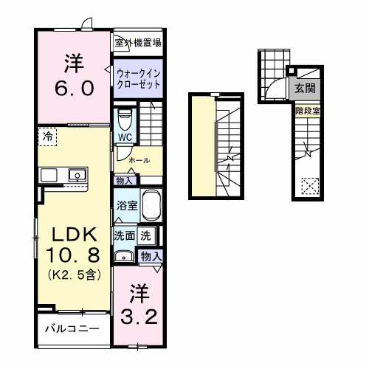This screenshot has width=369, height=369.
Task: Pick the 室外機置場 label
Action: click(x=137, y=43)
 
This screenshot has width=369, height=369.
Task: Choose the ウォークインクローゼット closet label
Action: click(x=138, y=78)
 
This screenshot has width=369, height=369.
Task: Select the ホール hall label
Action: click(x=139, y=159)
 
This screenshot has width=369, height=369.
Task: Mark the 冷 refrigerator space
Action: click(x=47, y=137)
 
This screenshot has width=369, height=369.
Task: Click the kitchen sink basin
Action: click(x=76, y=175)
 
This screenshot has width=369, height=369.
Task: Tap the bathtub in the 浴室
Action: click(x=151, y=205)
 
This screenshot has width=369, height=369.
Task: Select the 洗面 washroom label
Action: click(x=123, y=236)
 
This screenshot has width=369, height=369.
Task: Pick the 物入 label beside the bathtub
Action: click(x=125, y=179)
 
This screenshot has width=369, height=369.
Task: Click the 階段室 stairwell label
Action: click(x=307, y=111)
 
